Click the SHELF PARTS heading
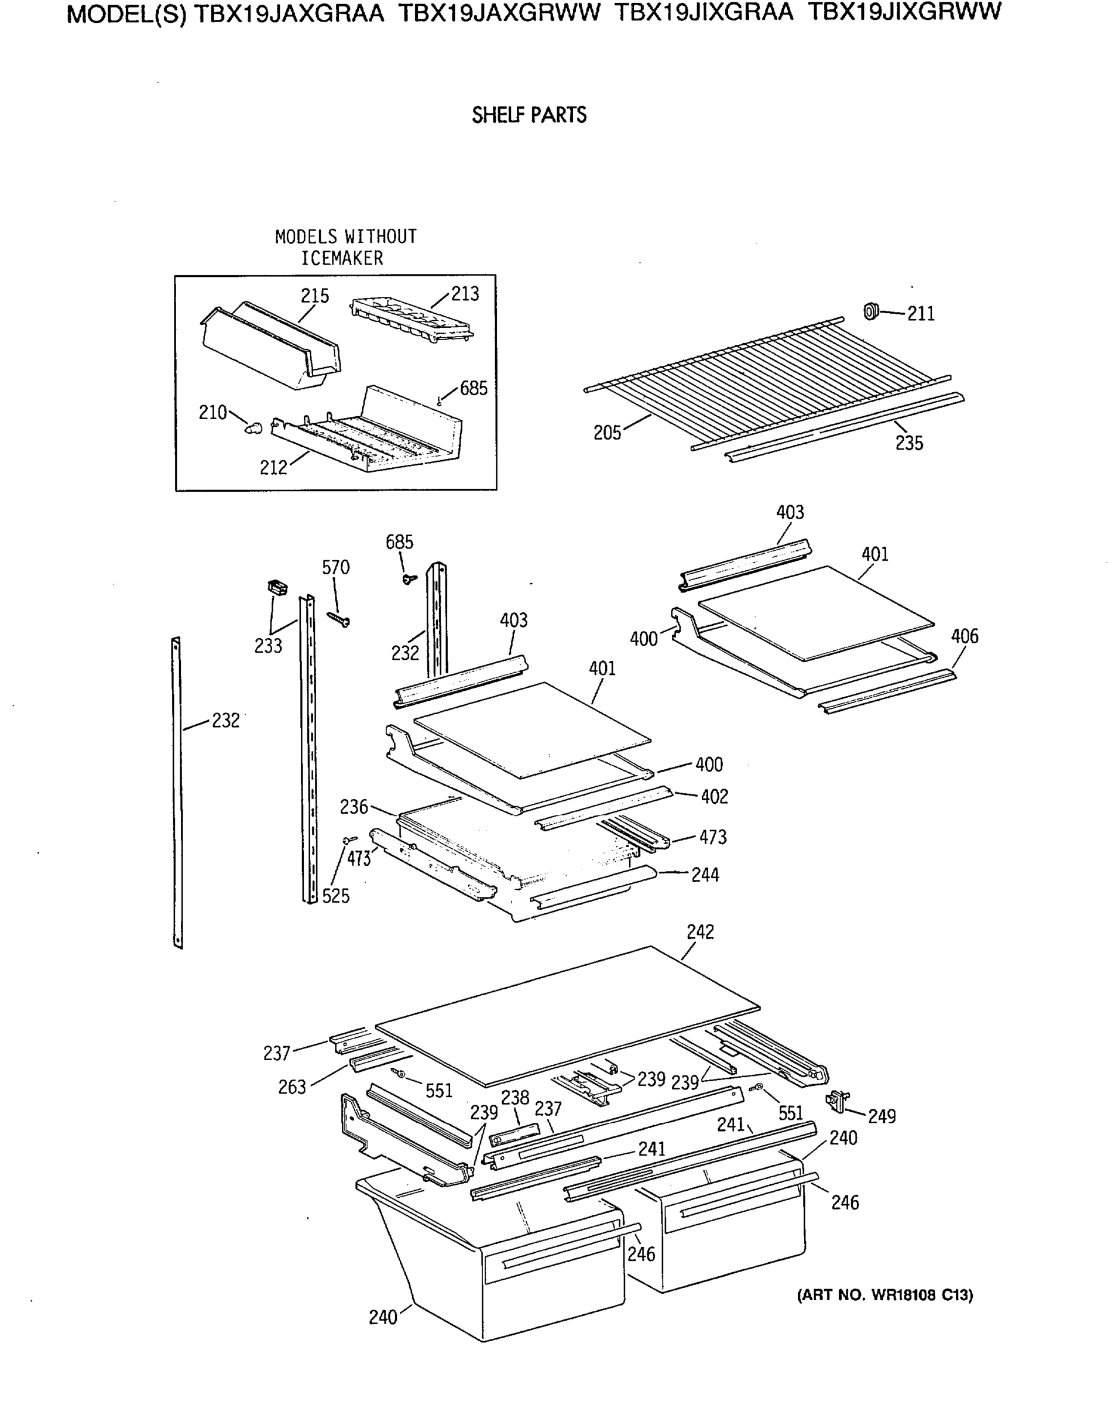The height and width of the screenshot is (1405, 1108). pyautogui.click(x=529, y=115)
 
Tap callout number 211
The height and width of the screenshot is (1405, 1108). pyautogui.click(x=921, y=314)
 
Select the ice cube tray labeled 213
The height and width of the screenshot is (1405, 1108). pyautogui.click(x=413, y=318)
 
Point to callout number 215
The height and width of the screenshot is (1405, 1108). pyautogui.click(x=315, y=296)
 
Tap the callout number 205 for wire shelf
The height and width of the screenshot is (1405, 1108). pyautogui.click(x=607, y=433)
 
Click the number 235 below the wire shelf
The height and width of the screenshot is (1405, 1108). pyautogui.click(x=909, y=443)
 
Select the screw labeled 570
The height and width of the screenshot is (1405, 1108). pyautogui.click(x=339, y=619)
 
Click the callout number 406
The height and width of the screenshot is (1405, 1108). pyautogui.click(x=964, y=636)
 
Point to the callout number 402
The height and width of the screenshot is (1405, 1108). pyautogui.click(x=714, y=797)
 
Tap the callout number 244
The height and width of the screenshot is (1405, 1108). pyautogui.click(x=705, y=875)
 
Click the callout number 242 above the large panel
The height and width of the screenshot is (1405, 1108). pyautogui.click(x=700, y=932)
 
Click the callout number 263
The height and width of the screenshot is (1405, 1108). pyautogui.click(x=292, y=1087)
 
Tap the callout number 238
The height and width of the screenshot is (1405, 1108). pyautogui.click(x=515, y=1098)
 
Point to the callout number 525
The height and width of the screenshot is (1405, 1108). pyautogui.click(x=335, y=896)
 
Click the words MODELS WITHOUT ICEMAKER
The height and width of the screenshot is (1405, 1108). pyautogui.click(x=345, y=247)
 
